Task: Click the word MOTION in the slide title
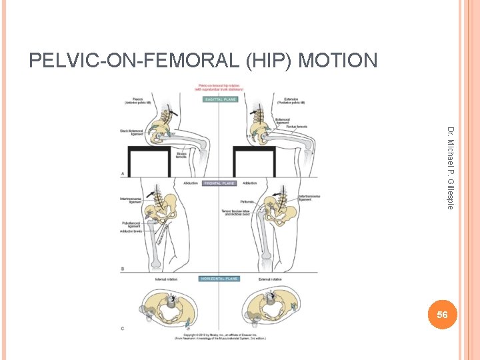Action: tap(338, 61)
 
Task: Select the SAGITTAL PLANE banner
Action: tap(220, 99)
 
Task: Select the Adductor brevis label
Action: tap(131, 232)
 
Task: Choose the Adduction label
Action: tap(251, 183)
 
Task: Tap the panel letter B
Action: tap(122, 268)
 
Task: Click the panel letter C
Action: tap(122, 327)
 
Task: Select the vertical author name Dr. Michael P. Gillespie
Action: tap(450, 167)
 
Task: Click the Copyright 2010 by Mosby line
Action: tap(220, 334)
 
